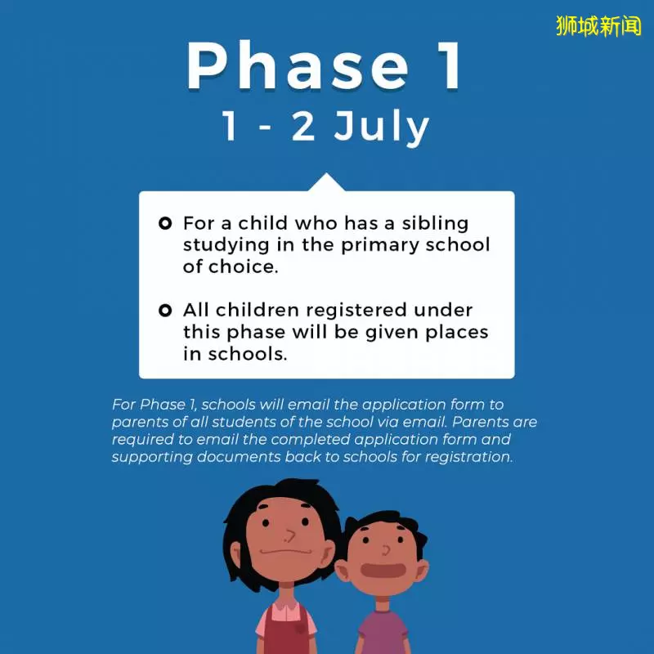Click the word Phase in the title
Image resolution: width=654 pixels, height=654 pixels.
(x=298, y=65)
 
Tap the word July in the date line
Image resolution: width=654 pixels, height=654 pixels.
(x=381, y=127)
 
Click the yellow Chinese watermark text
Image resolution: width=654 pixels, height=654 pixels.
(x=598, y=26)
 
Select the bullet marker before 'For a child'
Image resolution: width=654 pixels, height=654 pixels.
(x=165, y=223)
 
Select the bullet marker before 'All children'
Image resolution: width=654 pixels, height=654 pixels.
(x=165, y=311)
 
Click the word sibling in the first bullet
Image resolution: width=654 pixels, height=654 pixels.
(x=435, y=224)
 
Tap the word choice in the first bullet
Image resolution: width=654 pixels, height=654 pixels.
(x=243, y=267)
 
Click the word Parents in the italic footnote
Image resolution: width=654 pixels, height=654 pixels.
(x=481, y=422)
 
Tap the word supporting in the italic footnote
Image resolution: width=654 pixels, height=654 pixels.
(x=152, y=458)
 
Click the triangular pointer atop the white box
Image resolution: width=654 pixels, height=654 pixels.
(x=326, y=183)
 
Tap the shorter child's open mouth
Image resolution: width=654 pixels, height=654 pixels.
(x=383, y=570)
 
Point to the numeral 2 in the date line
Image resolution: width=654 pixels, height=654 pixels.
(x=302, y=126)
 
